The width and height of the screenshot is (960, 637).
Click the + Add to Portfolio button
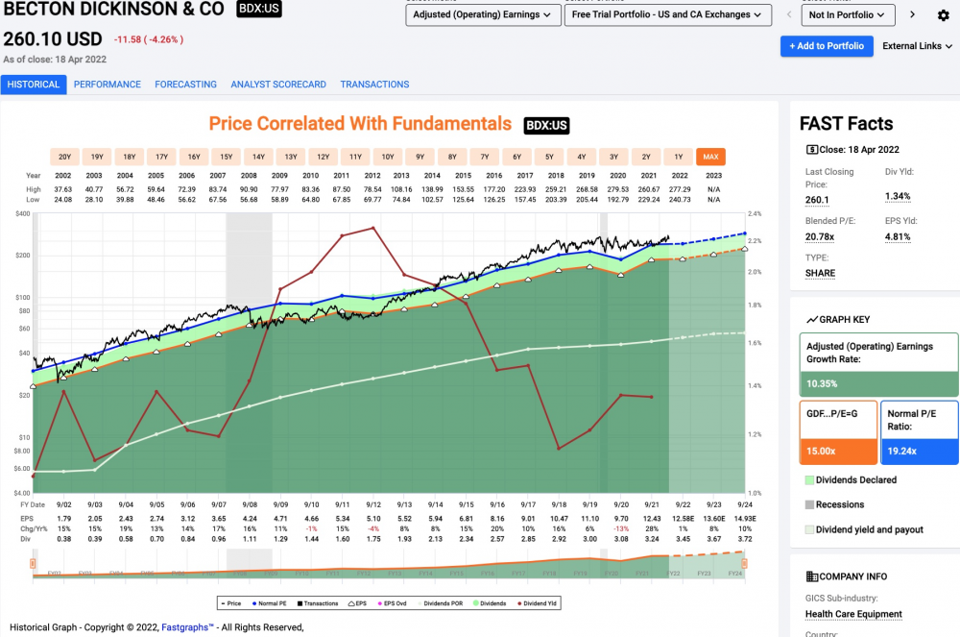pyautogui.click(x=826, y=46)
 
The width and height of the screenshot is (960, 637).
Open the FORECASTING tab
pyautogui.click(x=185, y=85)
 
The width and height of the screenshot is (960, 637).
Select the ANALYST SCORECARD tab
pyautogui.click(x=278, y=85)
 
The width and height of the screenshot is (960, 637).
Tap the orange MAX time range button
pyautogui.click(x=710, y=157)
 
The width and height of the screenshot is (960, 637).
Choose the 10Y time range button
pyautogui.click(x=387, y=157)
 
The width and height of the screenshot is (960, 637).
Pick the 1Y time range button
pyautogui.click(x=679, y=157)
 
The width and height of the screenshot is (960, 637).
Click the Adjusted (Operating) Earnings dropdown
pyautogui.click(x=483, y=15)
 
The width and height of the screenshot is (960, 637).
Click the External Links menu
pyautogui.click(x=917, y=46)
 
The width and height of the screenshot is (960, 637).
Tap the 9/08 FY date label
pyautogui.click(x=249, y=504)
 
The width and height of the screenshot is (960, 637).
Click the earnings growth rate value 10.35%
pyautogui.click(x=823, y=383)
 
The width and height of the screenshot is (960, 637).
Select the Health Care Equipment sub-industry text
pyautogui.click(x=853, y=614)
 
